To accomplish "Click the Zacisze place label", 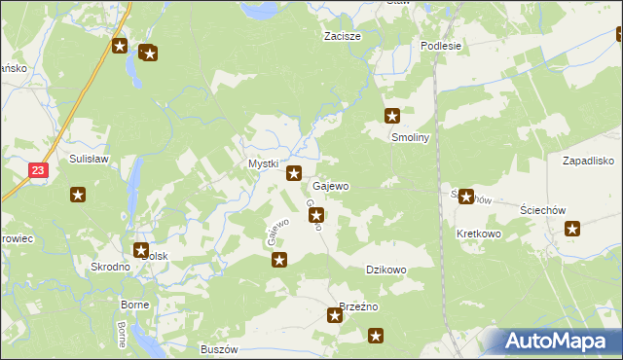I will (x=343, y=36).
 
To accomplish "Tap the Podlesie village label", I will (x=440, y=46).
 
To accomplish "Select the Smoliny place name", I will (x=410, y=137).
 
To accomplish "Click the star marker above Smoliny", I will (x=392, y=115).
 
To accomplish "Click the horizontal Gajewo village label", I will (x=331, y=185).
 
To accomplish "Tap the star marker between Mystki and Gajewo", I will (x=293, y=173).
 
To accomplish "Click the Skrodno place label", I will (x=110, y=267).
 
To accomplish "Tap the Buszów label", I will (x=218, y=349).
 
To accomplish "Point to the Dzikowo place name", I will (x=385, y=270).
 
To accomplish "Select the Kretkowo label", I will (x=478, y=234).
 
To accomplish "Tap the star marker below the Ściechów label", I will (x=572, y=230).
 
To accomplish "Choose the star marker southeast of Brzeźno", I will (x=376, y=337).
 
